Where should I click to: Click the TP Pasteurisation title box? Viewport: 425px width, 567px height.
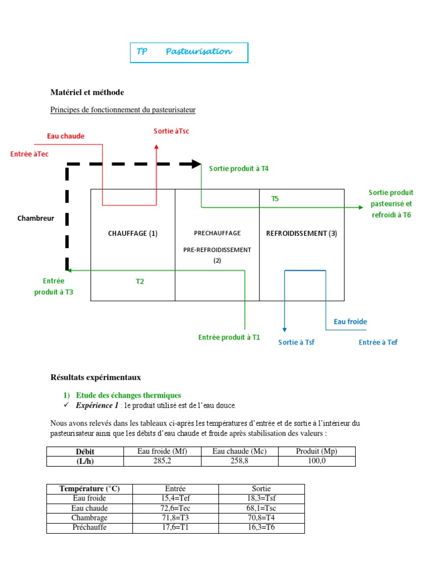[x=189, y=52]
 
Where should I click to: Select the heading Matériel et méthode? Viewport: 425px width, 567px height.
[x=87, y=92]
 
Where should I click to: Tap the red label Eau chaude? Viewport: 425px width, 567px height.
[x=66, y=136]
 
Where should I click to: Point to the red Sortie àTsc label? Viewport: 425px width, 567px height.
[x=172, y=131]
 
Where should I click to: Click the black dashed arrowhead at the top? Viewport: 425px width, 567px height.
[x=196, y=164]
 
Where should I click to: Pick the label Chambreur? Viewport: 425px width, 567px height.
[x=36, y=218]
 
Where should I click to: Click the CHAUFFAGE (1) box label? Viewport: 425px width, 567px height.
[x=133, y=233]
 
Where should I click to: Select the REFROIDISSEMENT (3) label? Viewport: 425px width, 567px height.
[x=302, y=233]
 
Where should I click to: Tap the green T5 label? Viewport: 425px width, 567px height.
[x=275, y=198]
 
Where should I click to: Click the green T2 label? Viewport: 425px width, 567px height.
[x=140, y=282]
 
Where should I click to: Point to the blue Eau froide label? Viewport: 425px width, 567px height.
[x=350, y=322]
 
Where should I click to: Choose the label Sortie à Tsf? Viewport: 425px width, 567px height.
[x=297, y=342]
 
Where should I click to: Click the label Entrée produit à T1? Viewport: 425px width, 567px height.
[x=229, y=337]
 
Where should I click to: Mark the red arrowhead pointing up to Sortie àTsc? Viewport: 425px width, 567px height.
[x=156, y=147]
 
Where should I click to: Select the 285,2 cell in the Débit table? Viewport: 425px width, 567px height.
[x=163, y=461]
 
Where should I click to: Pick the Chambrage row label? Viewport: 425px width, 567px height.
[x=90, y=518]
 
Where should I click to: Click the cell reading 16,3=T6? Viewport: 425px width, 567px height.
[x=261, y=527]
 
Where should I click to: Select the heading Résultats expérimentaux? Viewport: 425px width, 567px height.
[x=96, y=377]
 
